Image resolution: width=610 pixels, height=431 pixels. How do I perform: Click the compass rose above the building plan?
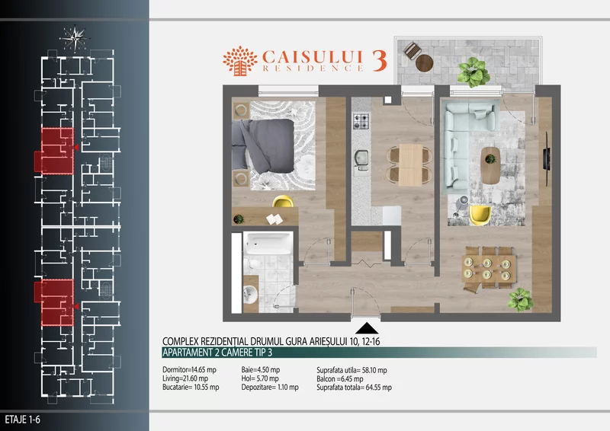pyautogui.click(x=76, y=34)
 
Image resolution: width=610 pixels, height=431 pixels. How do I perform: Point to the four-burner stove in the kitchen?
pyautogui.click(x=361, y=120)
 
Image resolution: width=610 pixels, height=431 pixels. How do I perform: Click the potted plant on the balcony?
pyautogui.click(x=470, y=71)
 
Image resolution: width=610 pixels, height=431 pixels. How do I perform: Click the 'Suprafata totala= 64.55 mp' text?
pyautogui.click(x=354, y=387)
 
